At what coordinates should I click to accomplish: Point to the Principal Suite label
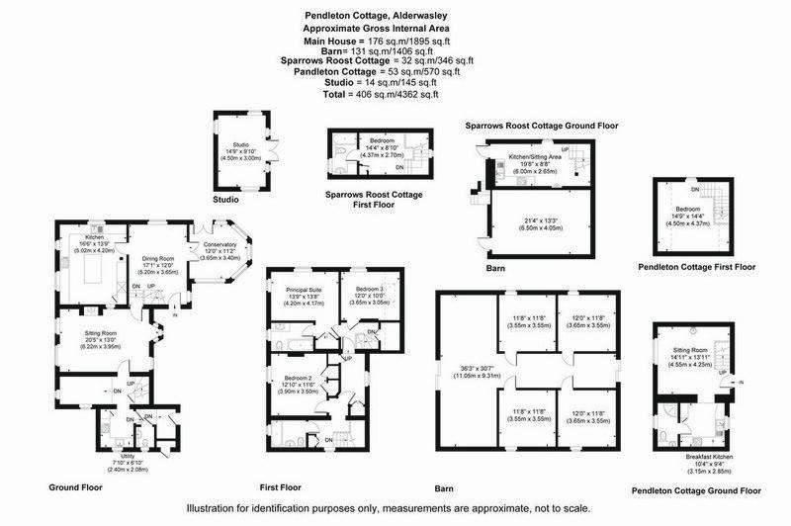[x=304, y=291]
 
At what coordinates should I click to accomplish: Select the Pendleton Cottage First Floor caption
[x=697, y=267]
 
